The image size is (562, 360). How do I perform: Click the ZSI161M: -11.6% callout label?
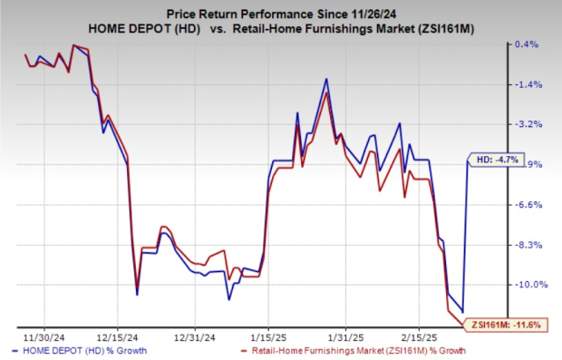502,324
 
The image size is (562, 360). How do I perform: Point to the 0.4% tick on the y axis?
528,44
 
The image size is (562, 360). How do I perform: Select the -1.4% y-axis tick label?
528,84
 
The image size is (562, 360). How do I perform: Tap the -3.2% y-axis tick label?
528,124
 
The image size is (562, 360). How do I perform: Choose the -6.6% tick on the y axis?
528,205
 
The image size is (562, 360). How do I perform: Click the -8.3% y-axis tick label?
528,245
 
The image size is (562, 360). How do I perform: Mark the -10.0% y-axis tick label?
528,285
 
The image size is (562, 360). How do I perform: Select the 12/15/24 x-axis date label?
123,332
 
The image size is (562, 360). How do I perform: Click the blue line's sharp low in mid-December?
137,294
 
